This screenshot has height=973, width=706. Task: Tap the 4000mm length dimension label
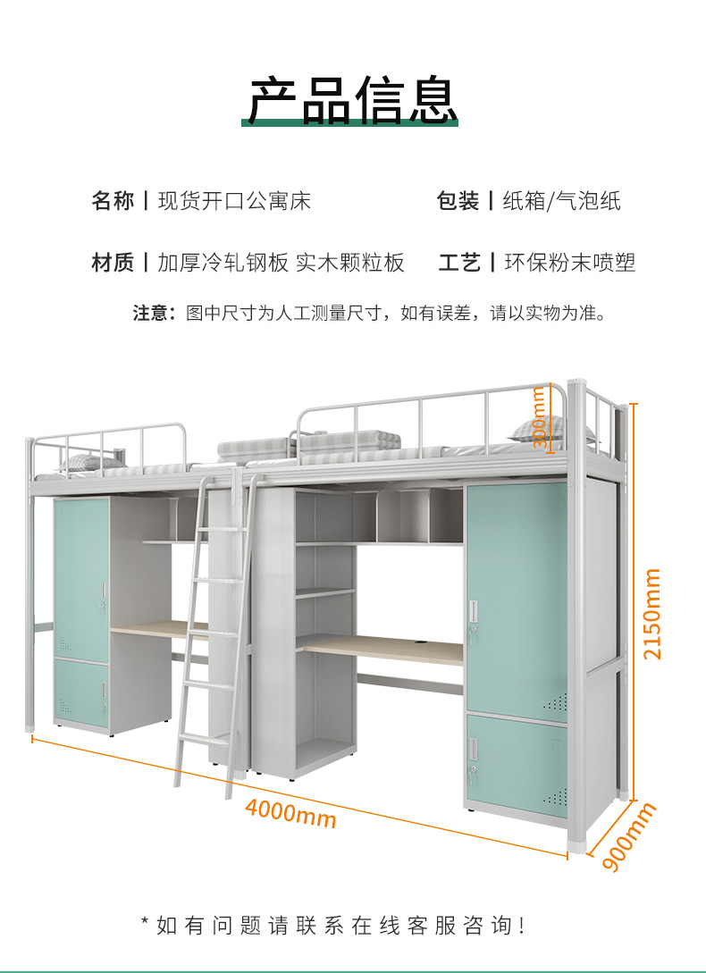coord(290,813)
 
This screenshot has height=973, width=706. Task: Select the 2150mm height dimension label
coord(653,614)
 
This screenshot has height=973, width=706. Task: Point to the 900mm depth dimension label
coord(629,836)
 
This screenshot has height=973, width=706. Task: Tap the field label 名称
coord(113,201)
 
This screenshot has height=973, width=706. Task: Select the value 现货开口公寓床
coord(234,201)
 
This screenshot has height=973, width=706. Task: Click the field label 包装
coord(458,201)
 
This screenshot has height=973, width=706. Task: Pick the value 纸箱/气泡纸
coord(561,201)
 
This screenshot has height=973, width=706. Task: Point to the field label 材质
coord(113,263)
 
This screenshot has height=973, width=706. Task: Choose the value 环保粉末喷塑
coord(569,263)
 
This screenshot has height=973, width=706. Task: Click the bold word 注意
coord(150,314)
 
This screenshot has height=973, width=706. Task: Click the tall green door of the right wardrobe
coord(516,594)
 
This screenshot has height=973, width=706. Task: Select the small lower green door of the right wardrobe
coord(517,764)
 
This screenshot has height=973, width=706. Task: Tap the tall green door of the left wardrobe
coord(80,576)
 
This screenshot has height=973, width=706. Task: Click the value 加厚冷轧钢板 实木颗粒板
coord(282,263)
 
